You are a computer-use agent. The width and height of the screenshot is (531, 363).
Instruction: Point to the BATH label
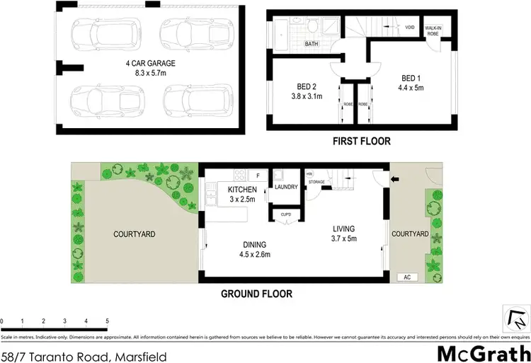311,44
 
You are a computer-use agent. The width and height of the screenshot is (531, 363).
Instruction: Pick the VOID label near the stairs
409,28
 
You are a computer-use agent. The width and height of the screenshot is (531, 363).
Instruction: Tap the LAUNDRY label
286,188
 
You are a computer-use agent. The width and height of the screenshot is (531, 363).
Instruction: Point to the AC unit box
408,277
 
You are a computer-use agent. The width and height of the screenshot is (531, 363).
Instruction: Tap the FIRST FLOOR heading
362,142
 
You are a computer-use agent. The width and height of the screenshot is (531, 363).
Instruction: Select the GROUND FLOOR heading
256,294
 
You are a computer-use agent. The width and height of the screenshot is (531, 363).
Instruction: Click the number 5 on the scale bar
107,321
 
